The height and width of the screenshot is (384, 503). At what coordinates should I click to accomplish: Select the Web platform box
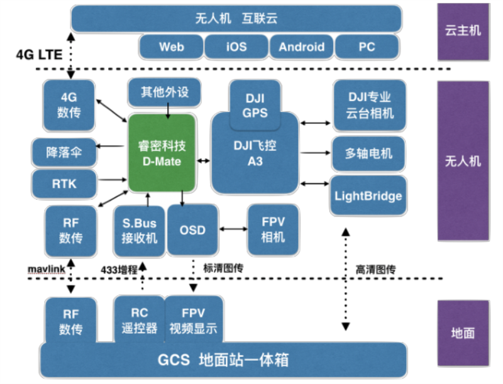coord(172,47)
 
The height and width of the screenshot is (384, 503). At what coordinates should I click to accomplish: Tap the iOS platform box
coord(236,47)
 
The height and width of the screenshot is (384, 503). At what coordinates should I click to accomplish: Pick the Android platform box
coord(302,47)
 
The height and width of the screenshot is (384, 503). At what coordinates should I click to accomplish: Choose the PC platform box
coord(367,47)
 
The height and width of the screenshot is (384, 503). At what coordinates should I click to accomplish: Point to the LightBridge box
coord(368,196)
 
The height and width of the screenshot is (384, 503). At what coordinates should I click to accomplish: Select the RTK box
coord(64,185)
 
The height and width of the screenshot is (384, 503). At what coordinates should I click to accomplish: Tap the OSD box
coord(192,230)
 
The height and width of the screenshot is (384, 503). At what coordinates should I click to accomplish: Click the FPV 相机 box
coord(273,229)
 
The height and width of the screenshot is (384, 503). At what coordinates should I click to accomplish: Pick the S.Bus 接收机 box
coord(139,231)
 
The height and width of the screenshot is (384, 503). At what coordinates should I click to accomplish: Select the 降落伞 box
coord(64,152)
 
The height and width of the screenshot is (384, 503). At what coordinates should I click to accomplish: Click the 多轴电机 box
coord(368,153)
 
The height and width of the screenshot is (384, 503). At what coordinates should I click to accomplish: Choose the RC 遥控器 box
coord(139,321)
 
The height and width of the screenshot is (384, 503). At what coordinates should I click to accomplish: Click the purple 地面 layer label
coord(463,333)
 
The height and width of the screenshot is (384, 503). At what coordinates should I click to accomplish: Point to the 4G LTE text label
coord(39,55)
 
